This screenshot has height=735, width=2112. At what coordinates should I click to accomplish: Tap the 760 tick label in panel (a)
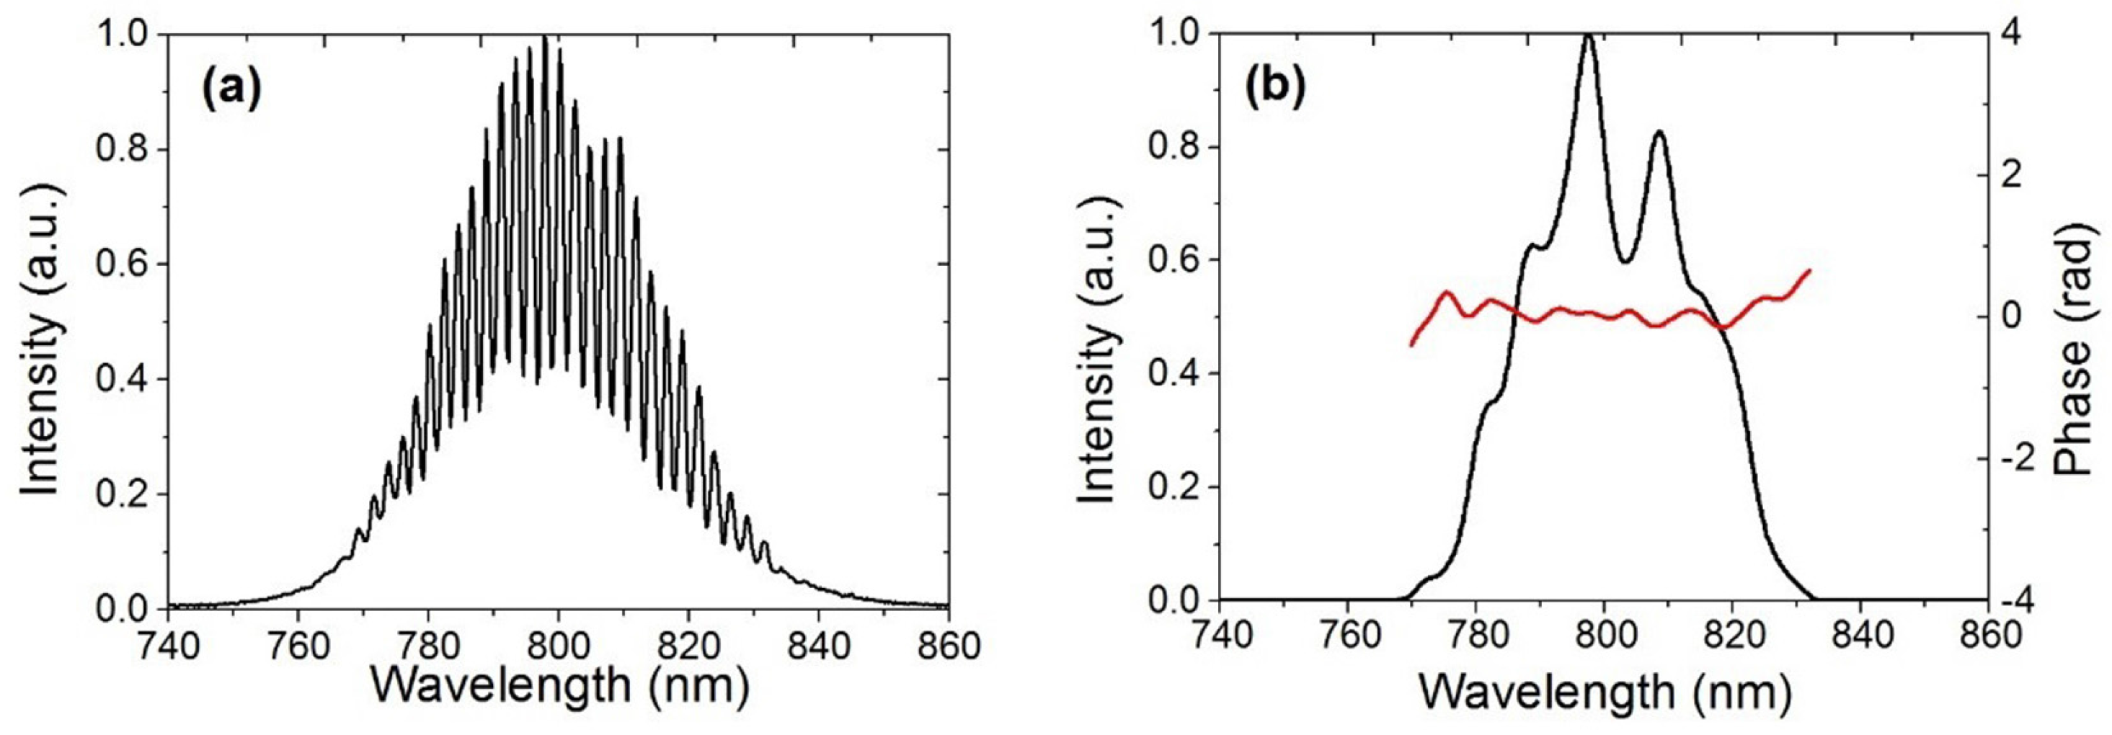[298, 646]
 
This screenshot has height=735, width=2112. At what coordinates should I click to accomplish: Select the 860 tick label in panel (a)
[949, 646]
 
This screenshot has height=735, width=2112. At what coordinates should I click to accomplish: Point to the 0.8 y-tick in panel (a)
[122, 150]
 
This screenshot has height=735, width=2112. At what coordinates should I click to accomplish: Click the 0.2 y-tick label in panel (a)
[122, 494]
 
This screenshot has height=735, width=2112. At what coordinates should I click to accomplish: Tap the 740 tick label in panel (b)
[1219, 638]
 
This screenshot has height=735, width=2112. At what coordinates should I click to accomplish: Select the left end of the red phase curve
[1412, 345]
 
